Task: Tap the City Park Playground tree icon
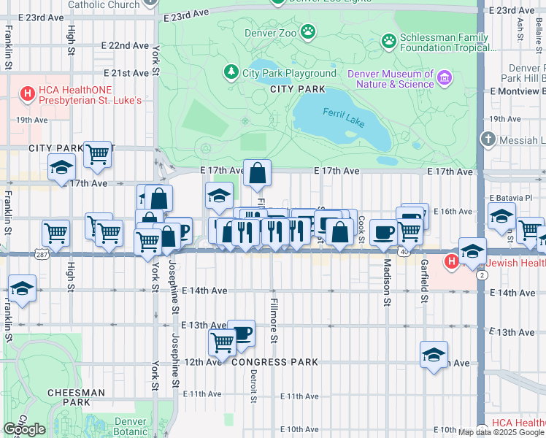(x=231, y=72)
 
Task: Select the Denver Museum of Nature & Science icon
(x=443, y=78)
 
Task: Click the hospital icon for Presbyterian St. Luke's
(x=28, y=93)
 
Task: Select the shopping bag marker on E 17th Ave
(x=257, y=174)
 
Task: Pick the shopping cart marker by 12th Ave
(x=222, y=342)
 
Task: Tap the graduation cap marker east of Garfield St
(x=434, y=355)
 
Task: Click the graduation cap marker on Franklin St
(x=22, y=288)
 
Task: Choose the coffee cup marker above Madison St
(x=383, y=233)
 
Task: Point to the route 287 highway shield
(x=41, y=253)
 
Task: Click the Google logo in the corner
(x=24, y=429)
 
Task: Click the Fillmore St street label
(x=274, y=320)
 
